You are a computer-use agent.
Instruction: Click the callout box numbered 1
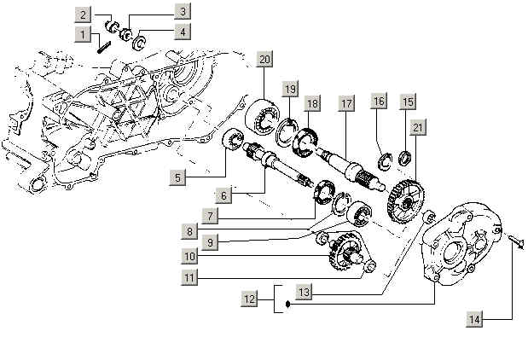[x=82, y=33]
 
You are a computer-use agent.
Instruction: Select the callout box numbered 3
[x=183, y=11]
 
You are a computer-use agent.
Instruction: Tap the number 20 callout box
[x=265, y=59]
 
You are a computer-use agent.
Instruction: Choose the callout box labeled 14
[x=476, y=319]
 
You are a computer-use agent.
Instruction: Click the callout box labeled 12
[x=249, y=299]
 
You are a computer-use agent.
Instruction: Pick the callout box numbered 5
[x=177, y=178]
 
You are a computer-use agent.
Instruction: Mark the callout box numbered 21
[x=417, y=127]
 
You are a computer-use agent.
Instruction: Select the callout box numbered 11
[x=189, y=277]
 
